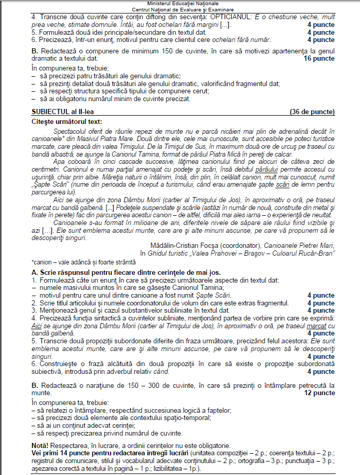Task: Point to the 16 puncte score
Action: coord(319,59)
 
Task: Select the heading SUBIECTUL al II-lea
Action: coord(65,111)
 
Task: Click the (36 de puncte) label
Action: coord(312,111)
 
